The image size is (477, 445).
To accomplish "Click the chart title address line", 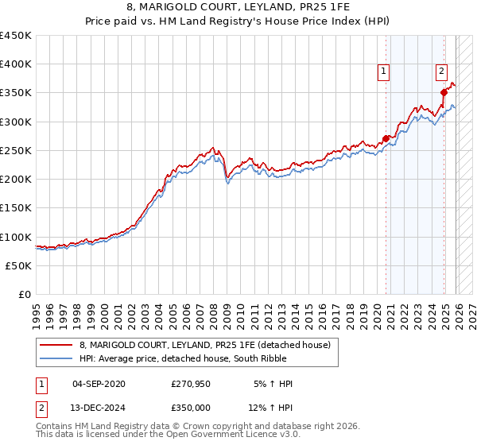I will coord(238,8).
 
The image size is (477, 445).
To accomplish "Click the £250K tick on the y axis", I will coord(16,150).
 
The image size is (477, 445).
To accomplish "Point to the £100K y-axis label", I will coord(16,237).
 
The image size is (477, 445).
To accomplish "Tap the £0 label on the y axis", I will coord(24,294).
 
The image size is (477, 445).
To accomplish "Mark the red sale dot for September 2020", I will coord(386,138).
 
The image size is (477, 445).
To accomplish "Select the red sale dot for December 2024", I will coord(444,93).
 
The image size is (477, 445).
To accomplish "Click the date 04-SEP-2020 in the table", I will coord(99,384).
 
